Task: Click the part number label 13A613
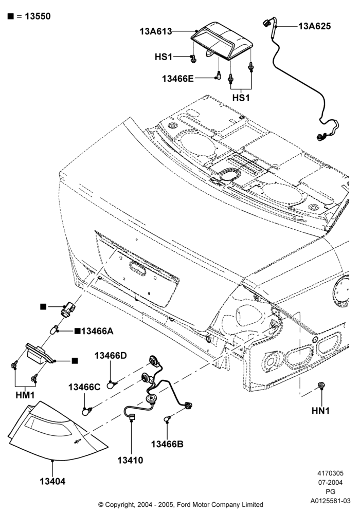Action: [156, 31]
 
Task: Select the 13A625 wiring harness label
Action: [314, 26]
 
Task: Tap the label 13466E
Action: [178, 79]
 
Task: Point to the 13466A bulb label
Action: [97, 331]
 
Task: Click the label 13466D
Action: [111, 356]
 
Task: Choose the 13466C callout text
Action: [84, 387]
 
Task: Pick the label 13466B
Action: [167, 444]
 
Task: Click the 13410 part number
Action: [131, 460]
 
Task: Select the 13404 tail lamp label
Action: [52, 482]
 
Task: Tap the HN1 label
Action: [320, 410]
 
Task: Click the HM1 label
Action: [25, 395]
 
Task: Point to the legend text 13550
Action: [38, 16]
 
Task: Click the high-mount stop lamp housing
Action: [222, 41]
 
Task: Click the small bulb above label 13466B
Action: [167, 418]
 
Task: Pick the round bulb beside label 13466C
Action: [86, 410]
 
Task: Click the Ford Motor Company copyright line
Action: [181, 505]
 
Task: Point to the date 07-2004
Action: [331, 483]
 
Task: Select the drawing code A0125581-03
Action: [331, 501]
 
